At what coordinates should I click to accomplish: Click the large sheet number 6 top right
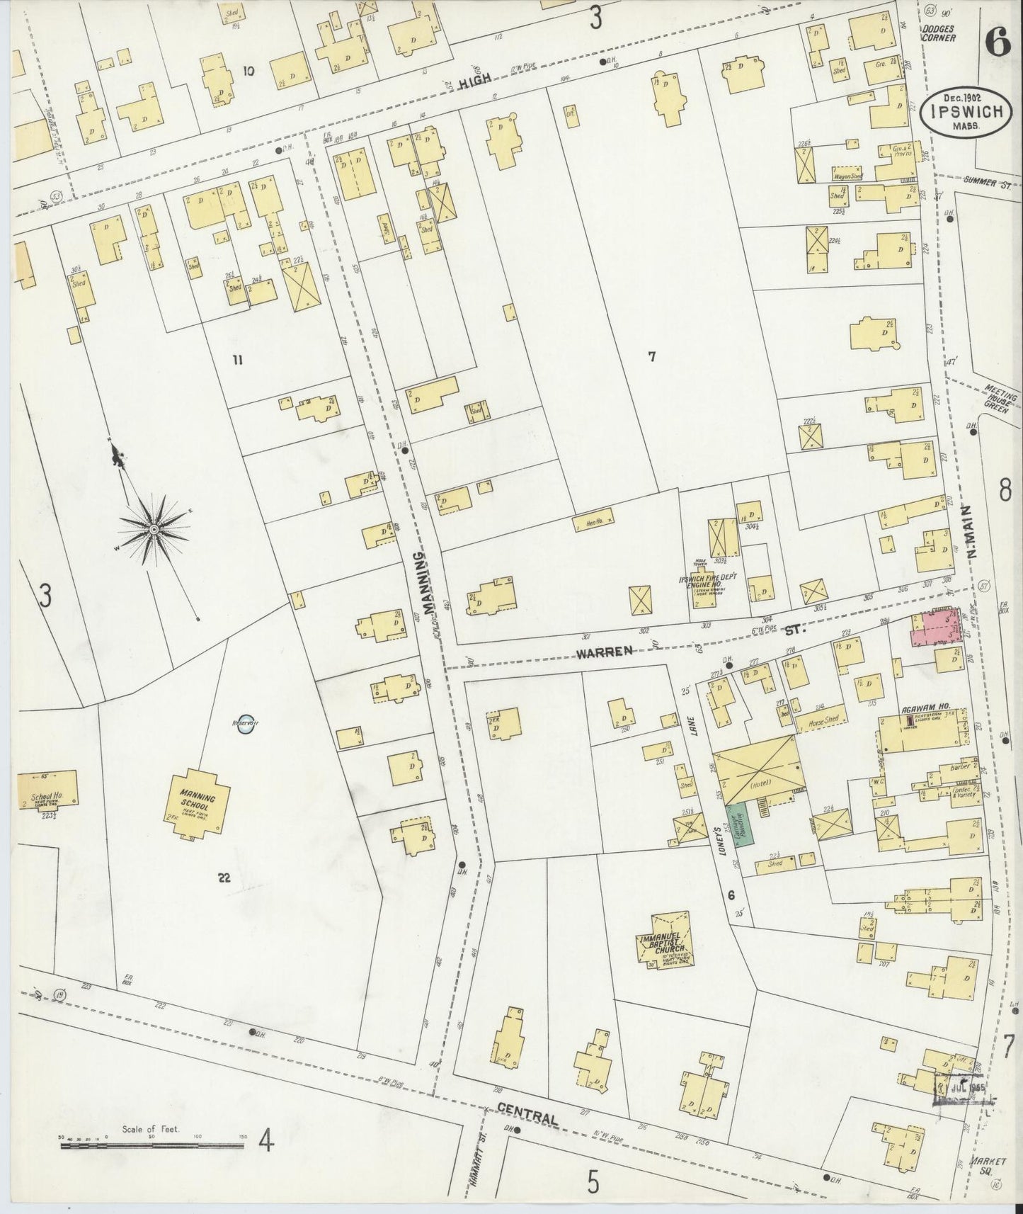tap(996, 44)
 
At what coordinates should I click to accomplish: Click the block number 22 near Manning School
tap(224, 878)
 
